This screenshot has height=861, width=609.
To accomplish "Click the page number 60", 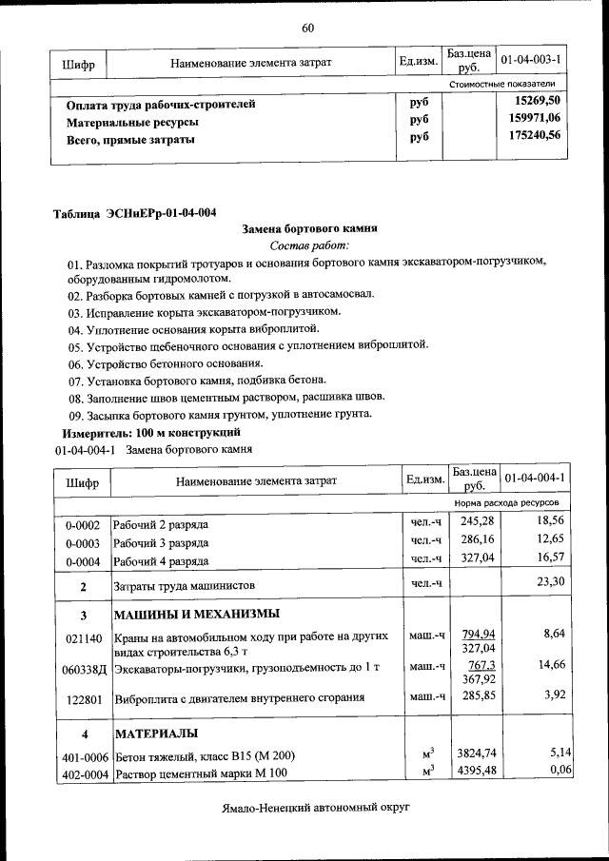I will tap(307, 28).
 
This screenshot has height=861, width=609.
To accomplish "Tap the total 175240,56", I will tap(534, 137).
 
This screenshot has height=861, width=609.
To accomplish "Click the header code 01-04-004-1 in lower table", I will tap(535, 478).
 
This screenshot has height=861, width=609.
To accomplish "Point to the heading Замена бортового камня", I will tap(310, 229).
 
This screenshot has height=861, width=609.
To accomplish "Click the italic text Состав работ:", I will tap(310, 246).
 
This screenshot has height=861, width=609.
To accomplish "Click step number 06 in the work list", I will tap(75, 363).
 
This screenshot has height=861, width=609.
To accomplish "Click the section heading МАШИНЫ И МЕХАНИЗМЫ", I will tap(197, 614).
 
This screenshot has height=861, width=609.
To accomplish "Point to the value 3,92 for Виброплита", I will tap(554, 696).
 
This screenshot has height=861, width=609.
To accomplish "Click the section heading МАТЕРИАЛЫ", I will tap(156, 734).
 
